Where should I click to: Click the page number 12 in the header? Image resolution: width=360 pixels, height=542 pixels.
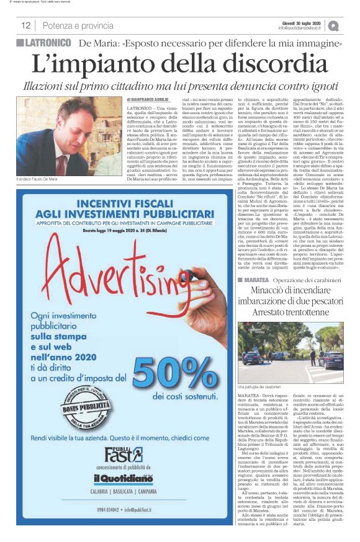[x=26, y=26]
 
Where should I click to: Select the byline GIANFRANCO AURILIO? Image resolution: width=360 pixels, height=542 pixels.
[x=151, y=99]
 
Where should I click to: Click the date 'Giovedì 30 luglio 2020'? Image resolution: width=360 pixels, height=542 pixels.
[x=302, y=21]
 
